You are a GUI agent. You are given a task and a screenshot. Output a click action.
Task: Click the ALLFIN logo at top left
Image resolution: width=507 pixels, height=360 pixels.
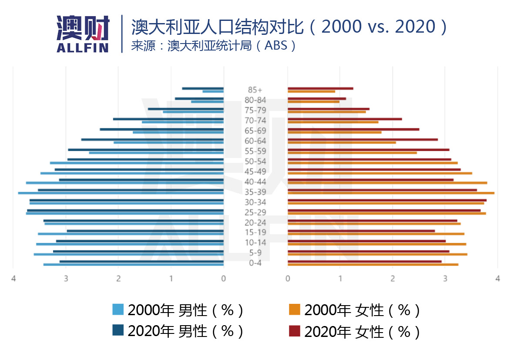tap(83, 34)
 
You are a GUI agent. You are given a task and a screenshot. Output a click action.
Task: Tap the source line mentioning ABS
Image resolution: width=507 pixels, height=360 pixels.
tap(214, 46)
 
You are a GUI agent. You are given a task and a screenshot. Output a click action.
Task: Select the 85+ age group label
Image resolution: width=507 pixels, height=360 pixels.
tap(255, 90)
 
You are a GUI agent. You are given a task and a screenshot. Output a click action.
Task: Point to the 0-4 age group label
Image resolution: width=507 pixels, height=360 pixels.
tap(255, 263)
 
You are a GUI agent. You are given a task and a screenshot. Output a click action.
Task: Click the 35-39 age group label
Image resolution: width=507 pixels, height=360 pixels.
tap(255, 192)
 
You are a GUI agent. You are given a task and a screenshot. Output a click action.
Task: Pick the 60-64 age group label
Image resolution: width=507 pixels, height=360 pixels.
tap(255, 141)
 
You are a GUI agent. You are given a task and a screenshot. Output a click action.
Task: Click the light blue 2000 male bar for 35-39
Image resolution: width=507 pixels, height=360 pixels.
tap(121, 193)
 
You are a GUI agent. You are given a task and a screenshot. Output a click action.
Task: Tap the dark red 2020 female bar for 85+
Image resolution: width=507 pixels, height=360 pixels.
tap(320, 88)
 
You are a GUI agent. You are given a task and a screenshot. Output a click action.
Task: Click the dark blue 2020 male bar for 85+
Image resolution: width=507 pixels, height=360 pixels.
tap(203, 88)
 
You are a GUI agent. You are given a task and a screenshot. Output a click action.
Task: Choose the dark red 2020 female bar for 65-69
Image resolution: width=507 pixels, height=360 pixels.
tap(353, 129)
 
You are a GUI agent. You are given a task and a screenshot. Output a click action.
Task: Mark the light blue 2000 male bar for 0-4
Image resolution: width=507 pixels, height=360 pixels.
tap(133, 264)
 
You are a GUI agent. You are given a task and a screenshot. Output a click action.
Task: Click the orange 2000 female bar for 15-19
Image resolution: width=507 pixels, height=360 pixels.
tap(376, 234)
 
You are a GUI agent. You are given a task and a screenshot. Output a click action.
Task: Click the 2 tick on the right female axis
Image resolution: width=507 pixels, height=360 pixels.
tap(393, 279)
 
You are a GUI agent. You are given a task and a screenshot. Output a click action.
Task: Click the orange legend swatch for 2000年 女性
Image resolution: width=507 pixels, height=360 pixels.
tap(295, 310)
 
